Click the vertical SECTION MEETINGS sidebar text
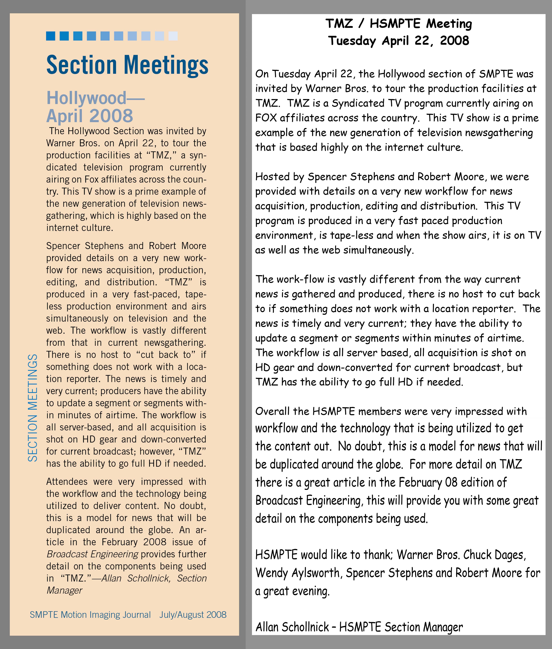[x=32, y=408]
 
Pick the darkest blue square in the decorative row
[x=51, y=36]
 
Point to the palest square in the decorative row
[x=173, y=36]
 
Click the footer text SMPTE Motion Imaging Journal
[x=90, y=615]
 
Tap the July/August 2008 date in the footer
[x=193, y=615]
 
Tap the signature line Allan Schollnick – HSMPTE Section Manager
[x=359, y=627]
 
